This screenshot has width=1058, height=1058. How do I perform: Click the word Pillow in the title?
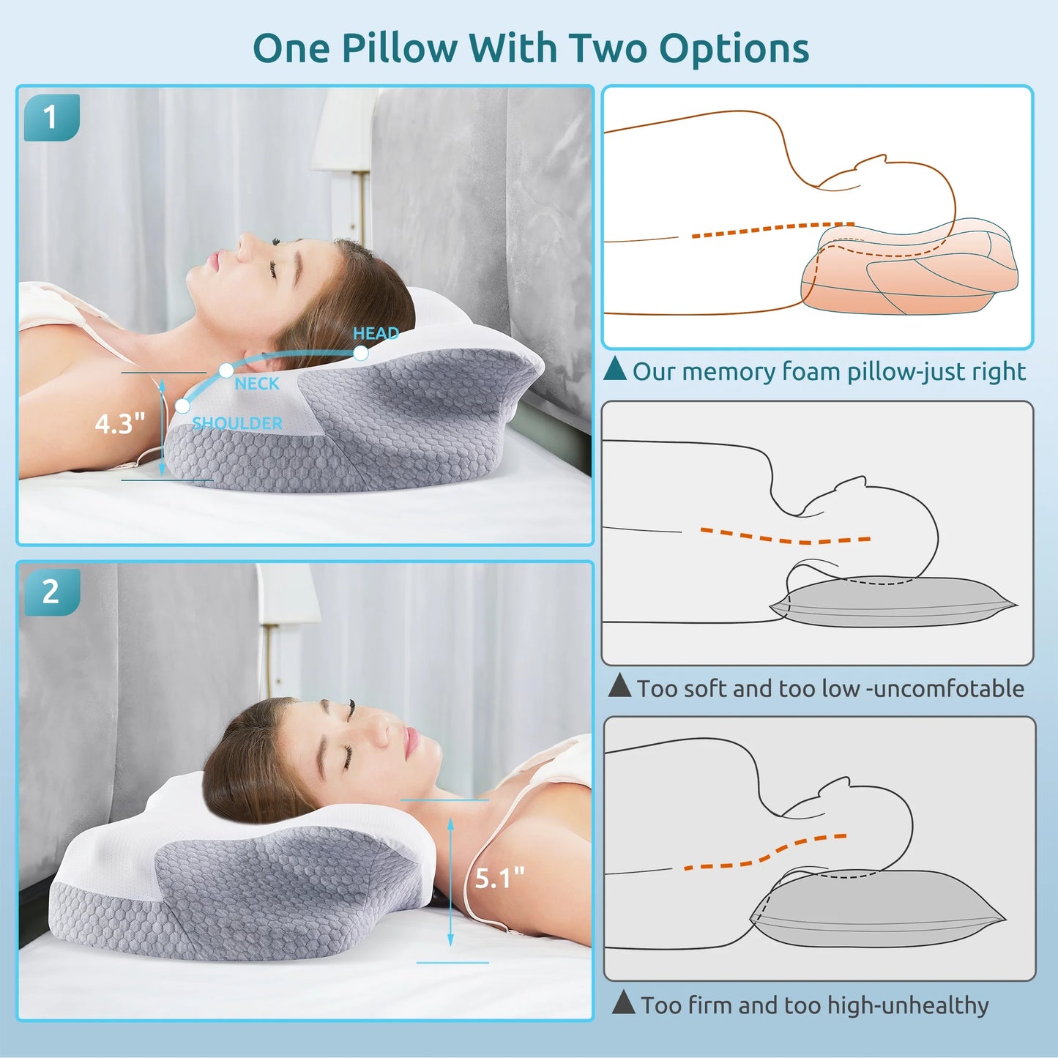pos(398,48)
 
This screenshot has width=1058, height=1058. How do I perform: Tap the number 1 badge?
pos(51,117)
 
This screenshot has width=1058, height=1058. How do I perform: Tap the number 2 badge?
pos(51,592)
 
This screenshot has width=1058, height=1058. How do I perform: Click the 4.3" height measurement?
pos(120,423)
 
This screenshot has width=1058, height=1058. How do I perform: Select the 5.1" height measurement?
pos(499,878)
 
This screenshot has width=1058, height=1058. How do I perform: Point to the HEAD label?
pos(376,333)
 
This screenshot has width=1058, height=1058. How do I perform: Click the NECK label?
pos(257,384)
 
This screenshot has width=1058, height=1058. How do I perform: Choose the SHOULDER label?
pos(237,423)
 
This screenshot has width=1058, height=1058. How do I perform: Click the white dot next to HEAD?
pos(360,353)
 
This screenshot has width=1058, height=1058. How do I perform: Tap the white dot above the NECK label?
pos(226,370)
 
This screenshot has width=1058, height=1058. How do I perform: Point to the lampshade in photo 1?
pos(344,132)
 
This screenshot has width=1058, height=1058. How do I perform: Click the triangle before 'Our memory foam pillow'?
pos(615,369)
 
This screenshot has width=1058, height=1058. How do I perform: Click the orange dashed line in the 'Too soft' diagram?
pos(783,537)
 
